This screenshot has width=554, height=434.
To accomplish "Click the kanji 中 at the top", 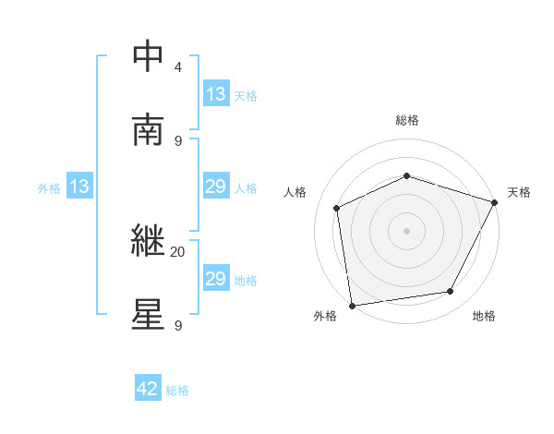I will pos(149,58).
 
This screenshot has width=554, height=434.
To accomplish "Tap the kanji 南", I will pos(149,129).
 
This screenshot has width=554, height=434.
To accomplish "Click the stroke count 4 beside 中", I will pos(177,67).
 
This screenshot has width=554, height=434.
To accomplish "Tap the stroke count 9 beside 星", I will pos(177,325).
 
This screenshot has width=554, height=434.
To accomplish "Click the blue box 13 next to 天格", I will pos(216,94).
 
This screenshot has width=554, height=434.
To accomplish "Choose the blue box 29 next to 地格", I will pos(216,279).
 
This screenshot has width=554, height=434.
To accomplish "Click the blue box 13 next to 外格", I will pos(79,187).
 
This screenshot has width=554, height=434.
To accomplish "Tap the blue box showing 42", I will pos(148,390).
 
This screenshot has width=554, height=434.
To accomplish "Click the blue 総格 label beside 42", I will pos(177,391).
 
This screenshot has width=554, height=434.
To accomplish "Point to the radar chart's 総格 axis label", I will pos(407,120).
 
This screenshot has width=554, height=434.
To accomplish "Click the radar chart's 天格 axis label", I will pos(519,192).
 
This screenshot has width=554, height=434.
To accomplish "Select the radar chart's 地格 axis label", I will pos(484,317).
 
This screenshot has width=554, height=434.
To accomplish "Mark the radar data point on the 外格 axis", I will pos(352,305).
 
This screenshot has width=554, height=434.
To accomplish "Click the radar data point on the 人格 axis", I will pos(336,208).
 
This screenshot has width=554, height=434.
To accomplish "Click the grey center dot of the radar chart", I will pos(407,230).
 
